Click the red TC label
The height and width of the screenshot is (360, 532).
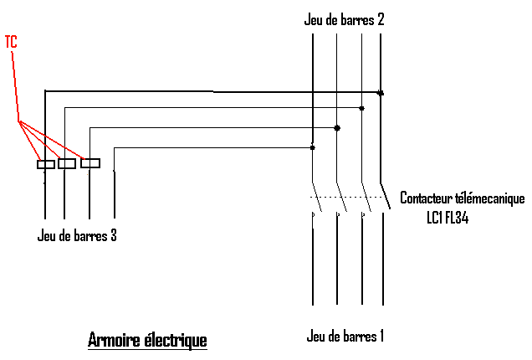click(11, 40)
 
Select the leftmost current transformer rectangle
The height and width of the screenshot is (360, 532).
click(45, 164)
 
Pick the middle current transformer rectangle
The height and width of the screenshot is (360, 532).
click(66, 163)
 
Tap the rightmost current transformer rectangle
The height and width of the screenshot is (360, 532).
click(90, 162)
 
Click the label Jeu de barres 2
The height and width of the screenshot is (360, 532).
click(344, 19)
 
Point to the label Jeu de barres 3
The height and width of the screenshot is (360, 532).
click(77, 235)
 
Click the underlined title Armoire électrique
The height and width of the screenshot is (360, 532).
click(147, 341)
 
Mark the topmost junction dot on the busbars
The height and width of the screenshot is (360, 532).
click(381, 93)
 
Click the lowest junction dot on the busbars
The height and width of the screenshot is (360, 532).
click(312, 147)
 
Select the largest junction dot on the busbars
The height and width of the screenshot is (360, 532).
click(337, 128)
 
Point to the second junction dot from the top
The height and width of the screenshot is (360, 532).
click(361, 108)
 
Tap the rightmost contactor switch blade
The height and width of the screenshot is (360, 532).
click(386, 194)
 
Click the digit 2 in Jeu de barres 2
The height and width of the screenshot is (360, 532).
click(380, 19)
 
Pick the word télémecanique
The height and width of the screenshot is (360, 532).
click(492, 198)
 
